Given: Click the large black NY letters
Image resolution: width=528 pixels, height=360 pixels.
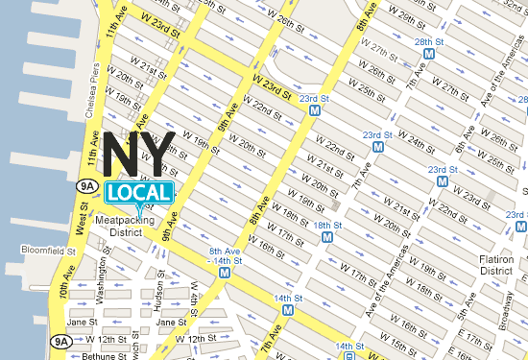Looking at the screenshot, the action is [x=139, y=154].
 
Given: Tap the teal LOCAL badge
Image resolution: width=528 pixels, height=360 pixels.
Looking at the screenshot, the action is [x=139, y=192].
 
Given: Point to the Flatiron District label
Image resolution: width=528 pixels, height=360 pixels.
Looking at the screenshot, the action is [x=495, y=264].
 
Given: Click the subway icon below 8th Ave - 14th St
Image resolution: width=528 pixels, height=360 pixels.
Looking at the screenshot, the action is [x=225, y=272].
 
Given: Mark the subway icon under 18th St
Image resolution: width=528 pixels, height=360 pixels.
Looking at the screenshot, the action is [x=327, y=236].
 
